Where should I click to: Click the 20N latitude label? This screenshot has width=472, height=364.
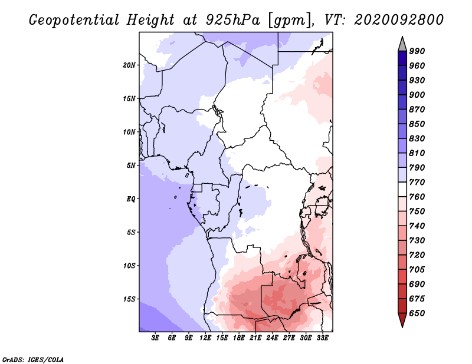129,65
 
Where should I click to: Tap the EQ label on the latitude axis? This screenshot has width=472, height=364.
130,199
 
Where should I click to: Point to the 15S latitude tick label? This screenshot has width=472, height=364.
129,299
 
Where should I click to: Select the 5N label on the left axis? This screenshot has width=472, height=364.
131,166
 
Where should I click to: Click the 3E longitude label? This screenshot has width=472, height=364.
155,338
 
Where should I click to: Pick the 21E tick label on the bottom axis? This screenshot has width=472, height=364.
255,338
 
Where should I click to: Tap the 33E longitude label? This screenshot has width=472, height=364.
322,338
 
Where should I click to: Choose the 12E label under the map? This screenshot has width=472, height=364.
205,338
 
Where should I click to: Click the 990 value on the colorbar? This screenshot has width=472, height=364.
417,51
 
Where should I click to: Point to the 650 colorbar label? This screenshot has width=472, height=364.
417,313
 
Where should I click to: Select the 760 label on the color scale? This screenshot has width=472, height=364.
417,197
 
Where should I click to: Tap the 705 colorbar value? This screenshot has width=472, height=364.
417,270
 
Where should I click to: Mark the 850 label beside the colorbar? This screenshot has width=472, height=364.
417,124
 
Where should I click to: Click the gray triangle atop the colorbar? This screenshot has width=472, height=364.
402,44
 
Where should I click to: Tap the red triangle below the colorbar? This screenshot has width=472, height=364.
402,320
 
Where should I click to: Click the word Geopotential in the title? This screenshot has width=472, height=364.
74,20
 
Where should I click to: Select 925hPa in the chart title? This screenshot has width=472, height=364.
232,20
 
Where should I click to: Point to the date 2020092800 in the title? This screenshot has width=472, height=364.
399,20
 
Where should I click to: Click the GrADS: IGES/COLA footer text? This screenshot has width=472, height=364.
33,360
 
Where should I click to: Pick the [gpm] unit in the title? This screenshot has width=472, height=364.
291,21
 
